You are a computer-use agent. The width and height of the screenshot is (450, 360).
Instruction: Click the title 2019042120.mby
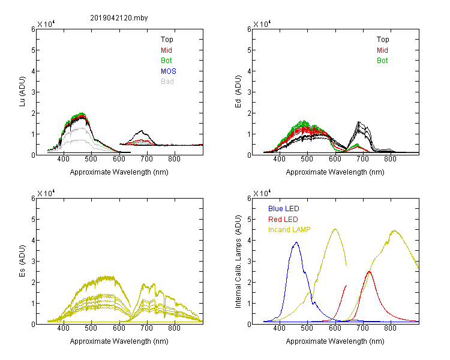tap(119, 18)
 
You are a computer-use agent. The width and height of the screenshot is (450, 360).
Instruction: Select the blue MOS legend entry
tap(169, 71)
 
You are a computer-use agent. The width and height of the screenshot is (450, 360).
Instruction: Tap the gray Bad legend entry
tap(167, 82)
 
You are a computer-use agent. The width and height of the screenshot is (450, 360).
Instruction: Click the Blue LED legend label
tap(284, 209)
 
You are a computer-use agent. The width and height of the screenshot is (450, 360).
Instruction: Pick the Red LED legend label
tap(283, 220)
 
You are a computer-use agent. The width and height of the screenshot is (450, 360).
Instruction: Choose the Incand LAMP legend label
tap(289, 230)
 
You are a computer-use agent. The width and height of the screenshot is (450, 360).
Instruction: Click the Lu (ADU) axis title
tap(22, 92)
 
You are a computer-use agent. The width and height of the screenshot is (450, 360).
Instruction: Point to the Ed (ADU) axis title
tap(238, 92)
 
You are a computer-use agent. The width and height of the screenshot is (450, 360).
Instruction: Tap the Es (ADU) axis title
tap(22, 261)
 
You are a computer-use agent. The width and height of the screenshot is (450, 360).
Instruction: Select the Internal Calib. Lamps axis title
tap(238, 261)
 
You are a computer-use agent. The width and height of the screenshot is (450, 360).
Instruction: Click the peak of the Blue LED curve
tap(296, 242)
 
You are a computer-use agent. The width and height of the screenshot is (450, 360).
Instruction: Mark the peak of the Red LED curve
tap(369, 272)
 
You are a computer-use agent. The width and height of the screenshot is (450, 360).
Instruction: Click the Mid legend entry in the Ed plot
tap(382, 50)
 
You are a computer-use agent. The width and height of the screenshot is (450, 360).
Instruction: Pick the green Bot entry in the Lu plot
tap(166, 61)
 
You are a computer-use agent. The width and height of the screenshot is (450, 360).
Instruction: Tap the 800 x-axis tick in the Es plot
tap(174, 328)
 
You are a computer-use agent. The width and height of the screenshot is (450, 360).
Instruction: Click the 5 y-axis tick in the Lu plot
tap(33, 50)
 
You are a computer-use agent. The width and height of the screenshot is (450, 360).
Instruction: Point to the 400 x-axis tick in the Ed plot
tap(279, 159)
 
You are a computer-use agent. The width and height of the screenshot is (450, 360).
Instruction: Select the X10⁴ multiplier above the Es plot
tap(46, 193)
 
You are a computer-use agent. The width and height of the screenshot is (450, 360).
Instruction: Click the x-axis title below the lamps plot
tap(335, 341)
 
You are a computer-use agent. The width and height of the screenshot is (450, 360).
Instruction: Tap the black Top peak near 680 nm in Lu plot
tap(142, 131)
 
